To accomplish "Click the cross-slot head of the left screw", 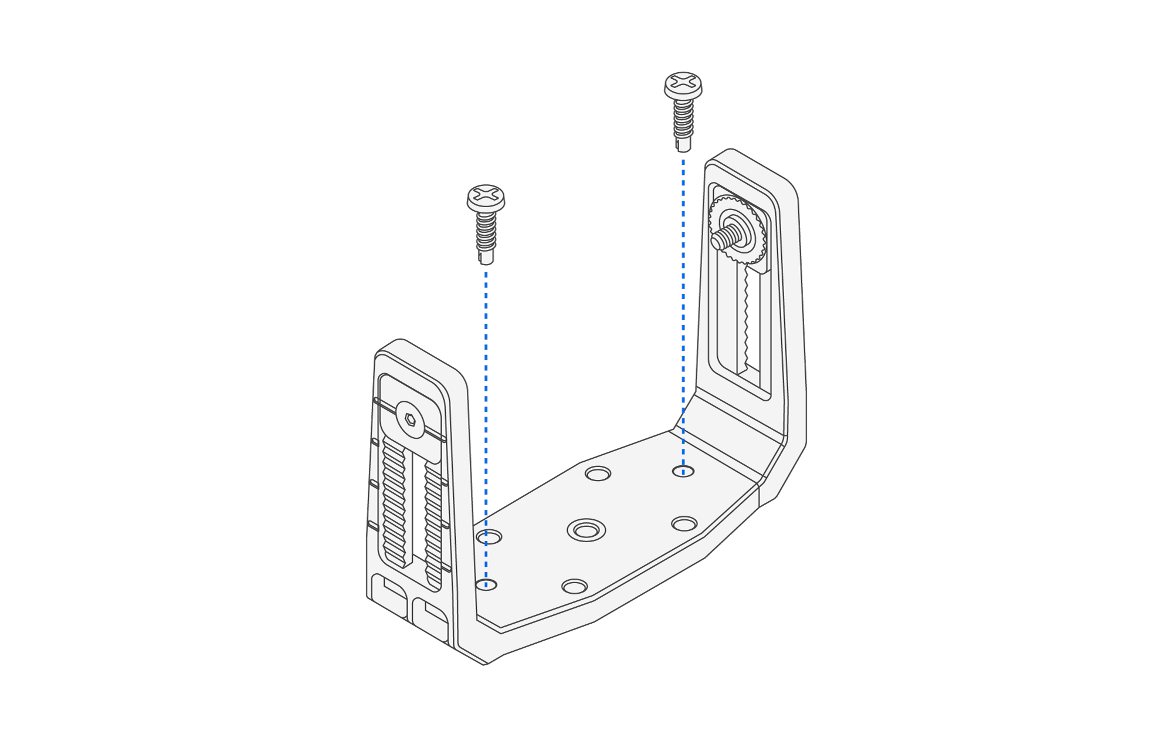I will [x=486, y=194].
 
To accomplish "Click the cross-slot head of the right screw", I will [x=683, y=82].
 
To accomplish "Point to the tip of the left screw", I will [x=486, y=258].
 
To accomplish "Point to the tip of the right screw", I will [x=683, y=146].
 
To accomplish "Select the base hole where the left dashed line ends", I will [x=486, y=584].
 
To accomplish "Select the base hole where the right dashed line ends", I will [x=683, y=471].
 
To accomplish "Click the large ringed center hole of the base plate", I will [x=586, y=530].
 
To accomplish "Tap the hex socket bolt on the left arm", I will [x=410, y=419].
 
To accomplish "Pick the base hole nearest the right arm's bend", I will [x=684, y=523].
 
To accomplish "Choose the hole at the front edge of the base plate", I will [x=574, y=587].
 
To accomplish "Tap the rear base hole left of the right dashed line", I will [x=598, y=473].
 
